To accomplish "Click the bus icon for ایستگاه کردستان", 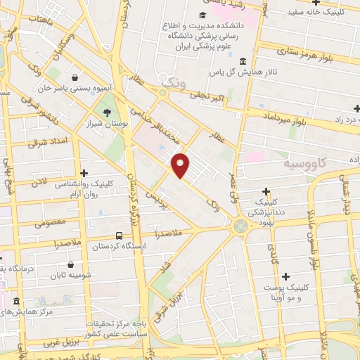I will click(x=119, y=236).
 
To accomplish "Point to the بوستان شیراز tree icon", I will click(x=106, y=112).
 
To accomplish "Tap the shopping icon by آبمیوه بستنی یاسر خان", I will click(x=75, y=78).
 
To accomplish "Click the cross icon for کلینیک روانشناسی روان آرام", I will click(x=84, y=172).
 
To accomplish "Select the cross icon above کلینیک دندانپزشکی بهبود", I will click(x=266, y=191).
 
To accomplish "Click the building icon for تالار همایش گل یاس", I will click(x=243, y=60).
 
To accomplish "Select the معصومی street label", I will click(x=51, y=224).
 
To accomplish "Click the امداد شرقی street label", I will click(x=44, y=142).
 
